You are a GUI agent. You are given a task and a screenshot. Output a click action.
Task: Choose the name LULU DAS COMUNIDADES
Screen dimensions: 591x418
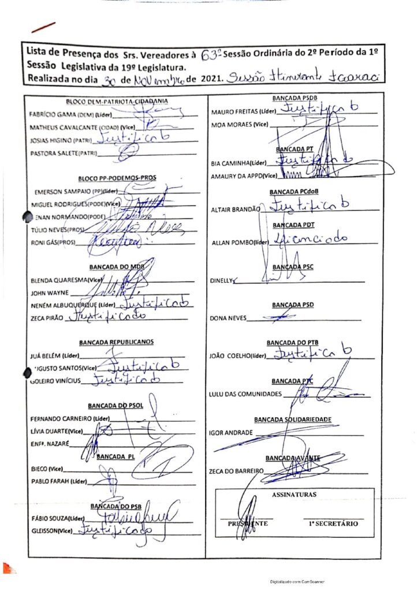pos(245,395)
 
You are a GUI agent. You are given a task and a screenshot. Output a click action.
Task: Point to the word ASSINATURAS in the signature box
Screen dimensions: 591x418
pos(294,495)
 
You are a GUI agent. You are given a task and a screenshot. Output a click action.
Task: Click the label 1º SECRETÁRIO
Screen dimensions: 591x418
pos(334,524)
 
